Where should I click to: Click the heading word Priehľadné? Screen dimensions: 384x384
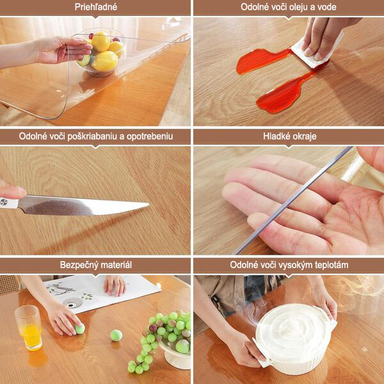(96, 7)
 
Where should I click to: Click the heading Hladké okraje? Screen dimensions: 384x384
(290, 136)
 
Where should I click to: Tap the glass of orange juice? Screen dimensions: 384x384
(29, 328)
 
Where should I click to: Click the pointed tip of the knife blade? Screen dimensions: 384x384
(149, 204)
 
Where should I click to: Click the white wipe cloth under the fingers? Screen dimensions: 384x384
(316, 52)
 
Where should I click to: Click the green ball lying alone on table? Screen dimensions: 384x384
(116, 335)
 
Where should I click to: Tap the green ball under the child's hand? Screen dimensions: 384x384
(80, 328)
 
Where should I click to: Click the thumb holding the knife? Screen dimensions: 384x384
(12, 189)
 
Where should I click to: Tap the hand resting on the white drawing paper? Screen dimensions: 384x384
(115, 285)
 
